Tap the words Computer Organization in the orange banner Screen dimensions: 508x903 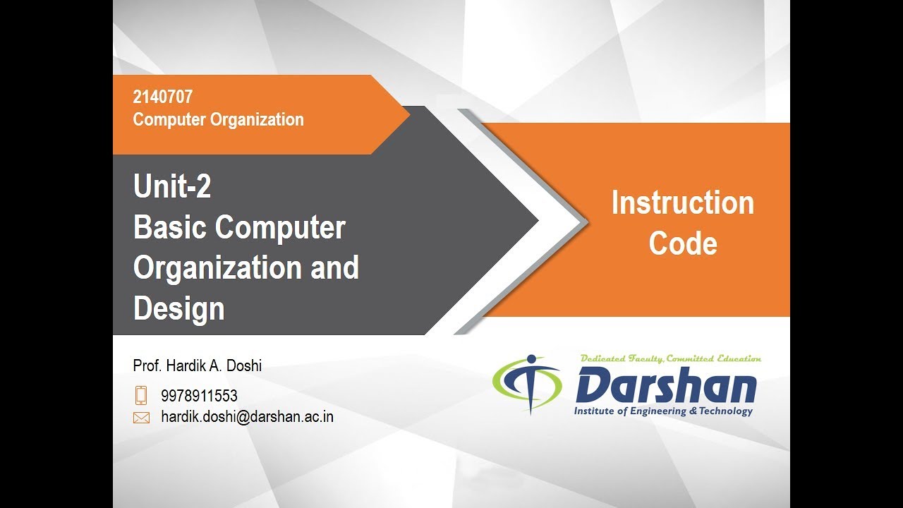point(218,120)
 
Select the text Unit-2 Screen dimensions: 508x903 point(172,187)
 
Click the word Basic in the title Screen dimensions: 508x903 point(170,228)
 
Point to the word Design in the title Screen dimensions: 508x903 point(178,309)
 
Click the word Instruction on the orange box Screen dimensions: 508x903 point(682,203)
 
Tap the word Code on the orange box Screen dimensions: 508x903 point(682,244)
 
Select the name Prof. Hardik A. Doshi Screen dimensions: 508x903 point(197,365)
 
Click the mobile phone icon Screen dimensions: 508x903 point(141,395)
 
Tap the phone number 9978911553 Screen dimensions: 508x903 point(199,396)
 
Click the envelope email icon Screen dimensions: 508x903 point(141,418)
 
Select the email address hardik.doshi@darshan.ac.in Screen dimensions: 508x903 point(247,417)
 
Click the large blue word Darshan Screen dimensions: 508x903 point(665,387)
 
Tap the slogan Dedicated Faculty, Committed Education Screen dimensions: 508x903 point(669,359)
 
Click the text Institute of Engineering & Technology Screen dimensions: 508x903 point(663,411)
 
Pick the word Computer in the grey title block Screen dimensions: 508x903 point(280,228)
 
